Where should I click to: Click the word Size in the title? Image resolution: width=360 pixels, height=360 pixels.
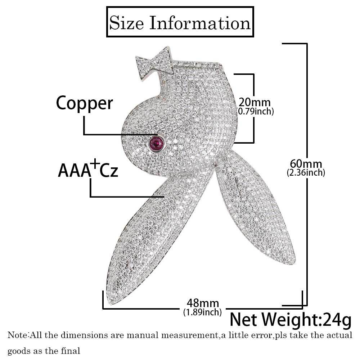[x=126, y=23]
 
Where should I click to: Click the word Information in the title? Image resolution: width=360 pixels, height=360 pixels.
[x=200, y=23]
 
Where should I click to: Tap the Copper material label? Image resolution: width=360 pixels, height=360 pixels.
[x=85, y=104]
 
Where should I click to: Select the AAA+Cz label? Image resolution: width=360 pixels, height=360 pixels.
[x=88, y=169]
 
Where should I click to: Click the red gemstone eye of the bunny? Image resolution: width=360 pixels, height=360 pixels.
[x=156, y=144]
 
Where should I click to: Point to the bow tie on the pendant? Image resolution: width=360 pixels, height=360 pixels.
[x=154, y=63]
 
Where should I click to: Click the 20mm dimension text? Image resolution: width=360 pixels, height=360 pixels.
[x=255, y=102]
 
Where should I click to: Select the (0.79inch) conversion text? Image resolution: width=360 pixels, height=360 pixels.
[x=255, y=111]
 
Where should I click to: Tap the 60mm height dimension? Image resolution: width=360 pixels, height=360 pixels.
[x=306, y=164]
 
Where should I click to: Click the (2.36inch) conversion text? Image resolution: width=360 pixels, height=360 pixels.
[x=306, y=173]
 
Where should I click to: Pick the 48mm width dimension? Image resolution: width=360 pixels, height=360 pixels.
[x=203, y=303]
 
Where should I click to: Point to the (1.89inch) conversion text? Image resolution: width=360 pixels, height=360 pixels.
[x=202, y=312]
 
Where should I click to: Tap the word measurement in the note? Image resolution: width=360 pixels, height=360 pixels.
[x=190, y=336]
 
